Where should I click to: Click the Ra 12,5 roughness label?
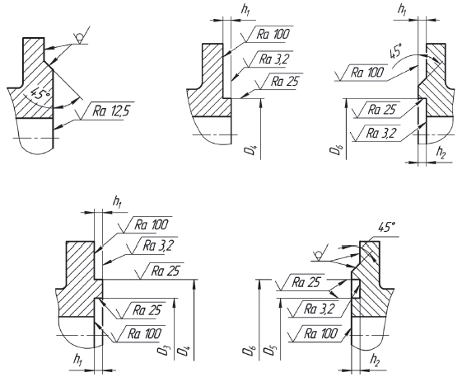111,111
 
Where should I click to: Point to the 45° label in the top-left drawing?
40,92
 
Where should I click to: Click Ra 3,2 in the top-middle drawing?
273,59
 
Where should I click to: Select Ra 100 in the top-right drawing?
367,72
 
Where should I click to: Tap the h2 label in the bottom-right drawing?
375,360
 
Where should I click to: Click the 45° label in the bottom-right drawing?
387,228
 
